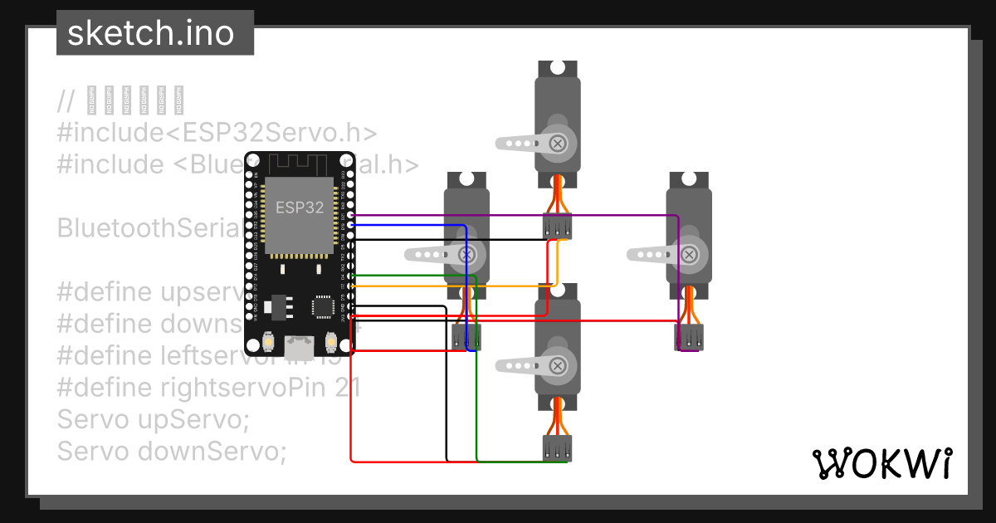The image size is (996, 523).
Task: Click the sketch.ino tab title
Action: coord(149,33)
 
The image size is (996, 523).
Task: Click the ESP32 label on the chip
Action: coord(300,208)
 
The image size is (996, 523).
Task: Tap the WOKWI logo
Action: coord(881,465)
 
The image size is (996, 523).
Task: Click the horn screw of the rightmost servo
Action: coord(690,254)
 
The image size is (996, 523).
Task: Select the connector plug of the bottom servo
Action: coord(558,448)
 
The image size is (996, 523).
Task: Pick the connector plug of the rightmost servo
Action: coord(689,337)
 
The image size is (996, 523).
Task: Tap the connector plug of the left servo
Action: coord(466,337)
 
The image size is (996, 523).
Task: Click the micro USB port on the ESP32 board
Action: coord(300,344)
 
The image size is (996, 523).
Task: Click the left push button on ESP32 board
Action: coord(269,340)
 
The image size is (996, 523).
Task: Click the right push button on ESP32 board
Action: coord(330,340)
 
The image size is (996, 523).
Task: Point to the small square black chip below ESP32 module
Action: coord(321,305)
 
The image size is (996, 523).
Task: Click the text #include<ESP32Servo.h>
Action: coord(217,133)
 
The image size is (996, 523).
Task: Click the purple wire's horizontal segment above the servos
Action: coord(515,215)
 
